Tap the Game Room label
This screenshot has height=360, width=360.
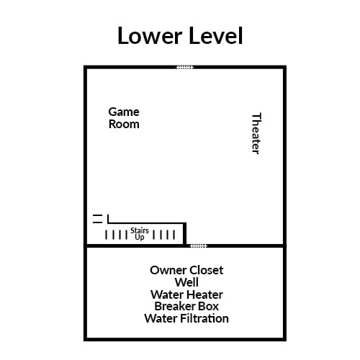click(124, 117)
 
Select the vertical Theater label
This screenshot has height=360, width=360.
click(255, 133)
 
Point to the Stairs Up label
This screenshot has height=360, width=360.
click(140, 233)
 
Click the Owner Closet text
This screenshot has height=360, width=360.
click(186, 270)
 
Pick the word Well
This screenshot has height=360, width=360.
click(186, 282)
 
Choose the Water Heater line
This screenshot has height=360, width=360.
click(186, 294)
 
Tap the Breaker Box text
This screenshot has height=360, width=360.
click(186, 306)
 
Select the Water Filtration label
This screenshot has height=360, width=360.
click(186, 318)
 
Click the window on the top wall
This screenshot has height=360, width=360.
click(185, 67)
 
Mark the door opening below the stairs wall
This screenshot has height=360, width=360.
click(198, 246)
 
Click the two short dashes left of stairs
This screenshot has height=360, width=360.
click(97, 218)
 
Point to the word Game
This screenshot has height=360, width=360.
click(124, 112)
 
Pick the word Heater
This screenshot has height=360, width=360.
click(204, 294)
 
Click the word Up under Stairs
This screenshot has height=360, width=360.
click(140, 237)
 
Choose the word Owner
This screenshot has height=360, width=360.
click(166, 270)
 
